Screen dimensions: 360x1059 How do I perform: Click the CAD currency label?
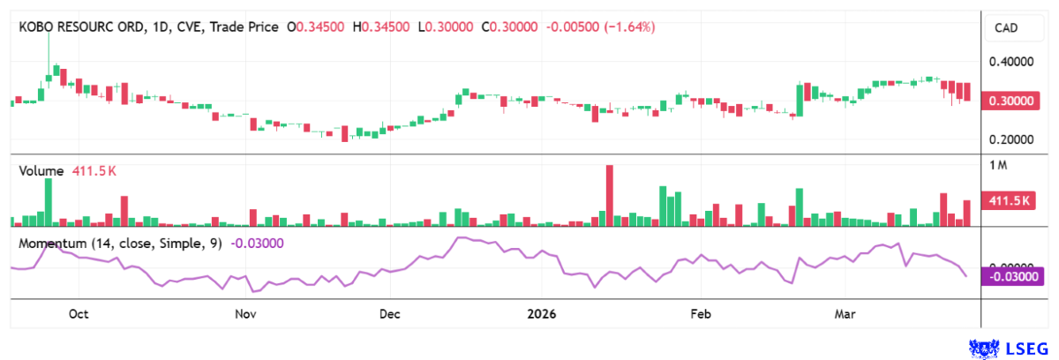(1006, 28)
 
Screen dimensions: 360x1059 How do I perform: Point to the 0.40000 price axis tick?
(1010, 62)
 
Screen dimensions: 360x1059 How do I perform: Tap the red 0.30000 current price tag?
(1010, 101)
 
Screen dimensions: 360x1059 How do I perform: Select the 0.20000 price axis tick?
(1010, 139)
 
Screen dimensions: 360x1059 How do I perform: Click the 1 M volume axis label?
(998, 166)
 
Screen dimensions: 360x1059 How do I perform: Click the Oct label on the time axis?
(79, 313)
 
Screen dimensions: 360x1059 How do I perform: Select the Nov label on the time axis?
(245, 313)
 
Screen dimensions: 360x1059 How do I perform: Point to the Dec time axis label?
(389, 313)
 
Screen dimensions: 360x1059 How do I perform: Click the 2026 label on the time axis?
(542, 313)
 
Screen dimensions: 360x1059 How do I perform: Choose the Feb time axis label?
(700, 313)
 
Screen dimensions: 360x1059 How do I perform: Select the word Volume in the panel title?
(41, 171)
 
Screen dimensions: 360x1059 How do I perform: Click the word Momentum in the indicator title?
(51, 243)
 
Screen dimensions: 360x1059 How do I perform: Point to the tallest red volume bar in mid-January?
(609, 196)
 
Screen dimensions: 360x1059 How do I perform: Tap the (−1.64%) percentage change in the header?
(629, 27)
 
